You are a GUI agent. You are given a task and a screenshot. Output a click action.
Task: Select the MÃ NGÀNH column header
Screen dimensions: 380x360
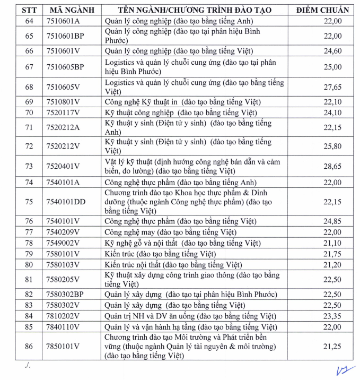tap(69, 10)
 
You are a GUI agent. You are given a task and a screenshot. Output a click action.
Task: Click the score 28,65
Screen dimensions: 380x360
tap(332, 166)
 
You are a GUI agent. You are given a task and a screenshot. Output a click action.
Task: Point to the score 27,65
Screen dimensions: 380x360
tap(332, 87)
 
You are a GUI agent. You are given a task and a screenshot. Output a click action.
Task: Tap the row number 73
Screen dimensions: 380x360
tap(29, 166)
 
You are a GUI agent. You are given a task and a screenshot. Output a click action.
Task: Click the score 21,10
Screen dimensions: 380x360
tap(332, 243)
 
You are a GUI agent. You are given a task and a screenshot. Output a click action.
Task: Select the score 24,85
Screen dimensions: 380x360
tap(332, 221)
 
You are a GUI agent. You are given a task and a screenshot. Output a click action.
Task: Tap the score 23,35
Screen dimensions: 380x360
tap(332, 316)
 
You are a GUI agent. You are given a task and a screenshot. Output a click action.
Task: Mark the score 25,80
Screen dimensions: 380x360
tap(332, 146)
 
